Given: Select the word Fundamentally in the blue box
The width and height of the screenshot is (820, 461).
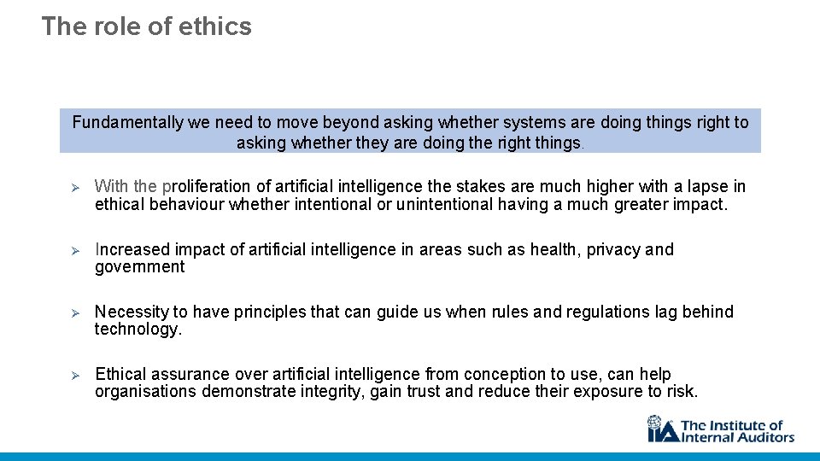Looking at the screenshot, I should point(127,123).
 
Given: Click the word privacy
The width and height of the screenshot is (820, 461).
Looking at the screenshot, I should point(613,249).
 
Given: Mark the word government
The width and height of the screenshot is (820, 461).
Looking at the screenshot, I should point(139,267).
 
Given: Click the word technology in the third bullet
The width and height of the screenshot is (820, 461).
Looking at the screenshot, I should point(137,330).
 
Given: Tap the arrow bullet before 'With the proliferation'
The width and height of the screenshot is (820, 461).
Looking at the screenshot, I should point(74,187).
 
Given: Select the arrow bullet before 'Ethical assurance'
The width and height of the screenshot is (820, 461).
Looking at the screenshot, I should point(74,375).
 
